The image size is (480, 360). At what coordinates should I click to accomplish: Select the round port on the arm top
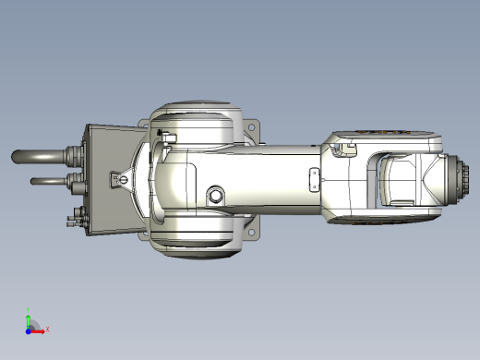coord(215,195)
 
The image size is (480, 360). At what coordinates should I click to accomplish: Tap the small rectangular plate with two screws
coord(314,181)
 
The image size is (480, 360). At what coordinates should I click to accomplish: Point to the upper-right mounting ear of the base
coord(250,126)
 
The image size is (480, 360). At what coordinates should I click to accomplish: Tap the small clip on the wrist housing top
coord(348,147)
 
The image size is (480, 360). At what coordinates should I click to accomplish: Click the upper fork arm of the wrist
coord(388,140)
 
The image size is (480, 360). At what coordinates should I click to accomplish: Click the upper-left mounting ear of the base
coord(146,126)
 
